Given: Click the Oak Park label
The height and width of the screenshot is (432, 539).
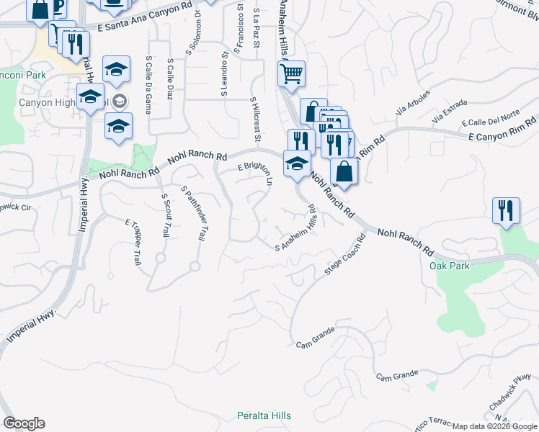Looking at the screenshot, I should tap(449, 266).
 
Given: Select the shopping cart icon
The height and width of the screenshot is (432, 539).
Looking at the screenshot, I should tap(291, 73).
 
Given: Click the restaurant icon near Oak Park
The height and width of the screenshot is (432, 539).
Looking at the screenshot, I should tap(506, 210).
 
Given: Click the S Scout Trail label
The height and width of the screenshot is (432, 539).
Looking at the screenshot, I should tap(166, 215).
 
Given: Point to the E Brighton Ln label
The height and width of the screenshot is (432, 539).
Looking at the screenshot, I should tap(257, 173).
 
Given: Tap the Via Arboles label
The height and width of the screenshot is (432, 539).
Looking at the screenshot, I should tap(413, 102).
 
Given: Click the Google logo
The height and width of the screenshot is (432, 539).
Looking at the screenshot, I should tap(24, 423).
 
